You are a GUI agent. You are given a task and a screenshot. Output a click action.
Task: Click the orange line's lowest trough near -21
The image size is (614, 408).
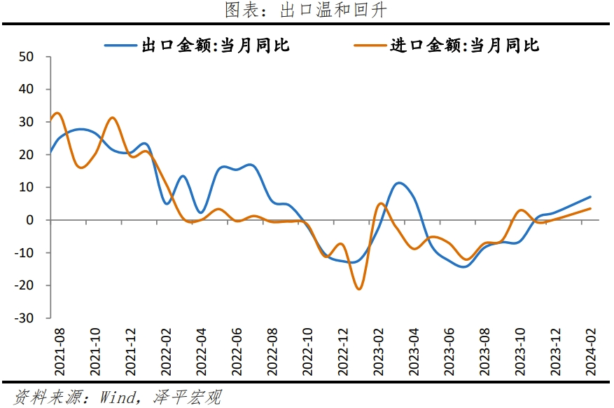(x=359, y=289)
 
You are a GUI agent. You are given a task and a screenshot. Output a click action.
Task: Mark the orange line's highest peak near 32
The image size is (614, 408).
(x=57, y=113)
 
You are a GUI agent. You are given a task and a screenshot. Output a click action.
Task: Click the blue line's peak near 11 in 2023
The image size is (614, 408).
(x=398, y=183)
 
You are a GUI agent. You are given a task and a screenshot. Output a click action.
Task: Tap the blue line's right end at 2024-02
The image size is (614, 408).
(x=590, y=197)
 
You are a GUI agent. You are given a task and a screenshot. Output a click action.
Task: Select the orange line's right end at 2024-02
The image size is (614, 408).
(x=590, y=208)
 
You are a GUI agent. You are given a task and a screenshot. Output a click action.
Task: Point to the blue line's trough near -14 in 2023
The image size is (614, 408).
(x=464, y=266)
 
